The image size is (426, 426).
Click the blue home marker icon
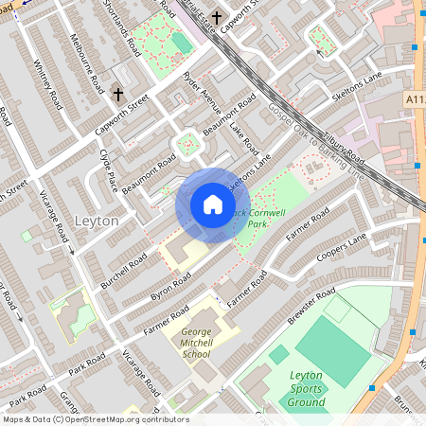click(213, 204)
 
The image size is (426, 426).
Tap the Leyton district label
click(96, 221)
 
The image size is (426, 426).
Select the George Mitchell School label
click(195, 342)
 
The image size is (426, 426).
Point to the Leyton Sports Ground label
click(306, 388)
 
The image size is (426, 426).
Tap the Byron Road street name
click(171, 283)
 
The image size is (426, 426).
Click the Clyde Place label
click(109, 169)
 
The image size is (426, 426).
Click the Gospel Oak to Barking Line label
click(315, 143)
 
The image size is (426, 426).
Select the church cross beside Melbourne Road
click(118, 95)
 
